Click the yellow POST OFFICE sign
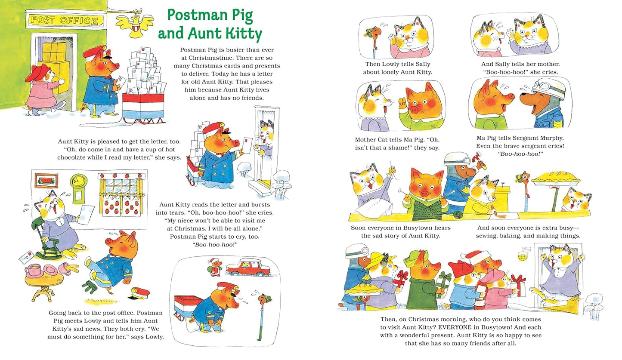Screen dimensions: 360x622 click(65, 19)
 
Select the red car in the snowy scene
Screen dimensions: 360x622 click(248, 268)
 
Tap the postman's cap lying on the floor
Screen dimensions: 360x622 click(140, 293)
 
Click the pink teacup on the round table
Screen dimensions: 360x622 click(33, 271)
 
